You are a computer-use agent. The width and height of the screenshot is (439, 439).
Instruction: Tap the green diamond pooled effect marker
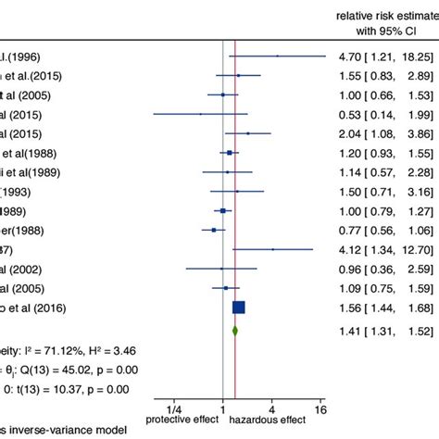click(235, 353)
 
